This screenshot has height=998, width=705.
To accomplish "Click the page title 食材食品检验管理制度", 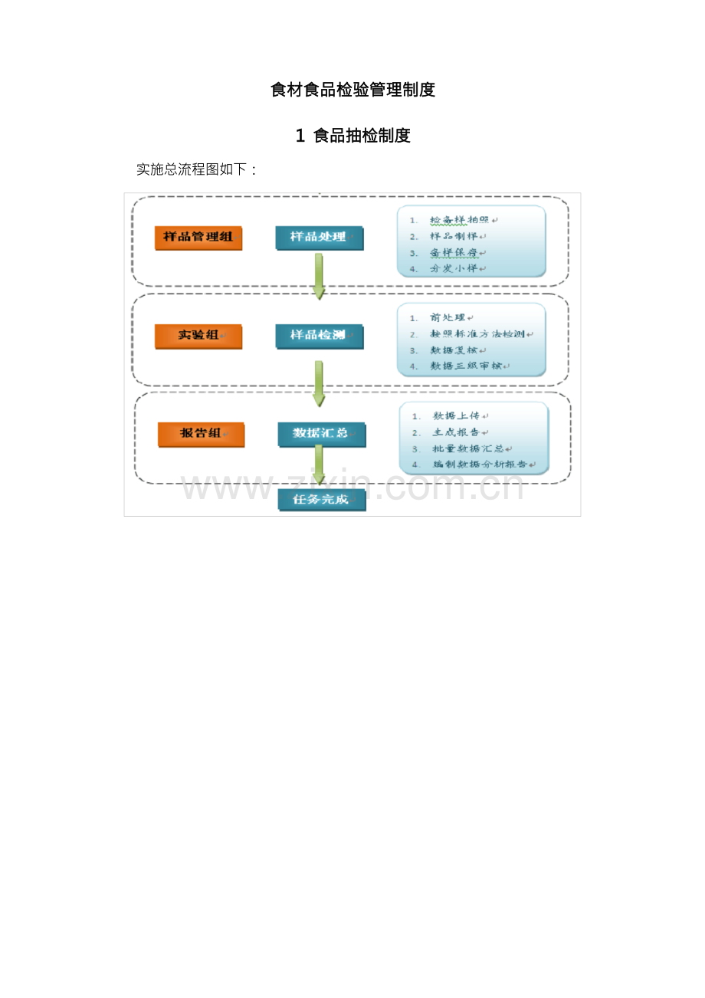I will tap(352, 90).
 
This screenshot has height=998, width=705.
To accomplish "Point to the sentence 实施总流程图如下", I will tap(196, 169).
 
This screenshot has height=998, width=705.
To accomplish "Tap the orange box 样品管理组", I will tap(198, 237).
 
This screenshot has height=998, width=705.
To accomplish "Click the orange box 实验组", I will tap(198, 335).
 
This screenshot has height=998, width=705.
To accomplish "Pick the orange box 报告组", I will tap(201, 434).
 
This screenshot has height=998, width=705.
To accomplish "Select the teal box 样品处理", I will tap(319, 237).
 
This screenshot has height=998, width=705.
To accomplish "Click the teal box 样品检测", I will tap(319, 335).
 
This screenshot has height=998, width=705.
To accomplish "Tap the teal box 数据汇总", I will tap(321, 434).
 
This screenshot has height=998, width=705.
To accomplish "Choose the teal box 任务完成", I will tap(321, 500).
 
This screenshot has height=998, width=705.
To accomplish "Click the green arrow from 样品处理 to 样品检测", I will tap(319, 276).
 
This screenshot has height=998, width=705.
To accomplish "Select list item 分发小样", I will tap(454, 268).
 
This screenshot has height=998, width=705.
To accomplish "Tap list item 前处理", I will tap(448, 317).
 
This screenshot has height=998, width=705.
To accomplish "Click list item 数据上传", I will tap(457, 416).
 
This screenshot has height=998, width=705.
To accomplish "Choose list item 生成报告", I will tap(457, 432).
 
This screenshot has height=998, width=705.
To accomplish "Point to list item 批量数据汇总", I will tap(468, 448).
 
